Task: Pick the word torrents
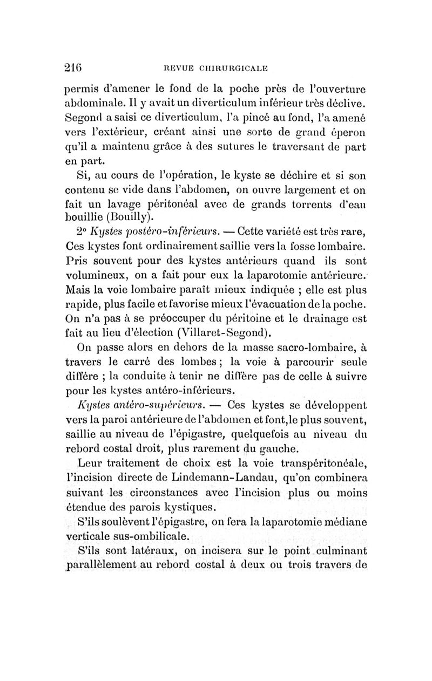coord(285,203)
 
